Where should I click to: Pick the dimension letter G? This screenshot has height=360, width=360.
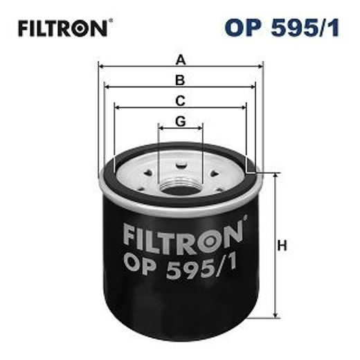pos(181,121)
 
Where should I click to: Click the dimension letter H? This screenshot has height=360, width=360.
pos(282,245)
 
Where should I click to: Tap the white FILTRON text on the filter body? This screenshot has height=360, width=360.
pos(183,235)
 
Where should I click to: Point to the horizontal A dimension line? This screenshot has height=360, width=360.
pos(138,67)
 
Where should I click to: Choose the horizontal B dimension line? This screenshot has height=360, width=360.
pos(138,87)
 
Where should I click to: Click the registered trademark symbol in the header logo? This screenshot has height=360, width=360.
pos(109,21)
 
